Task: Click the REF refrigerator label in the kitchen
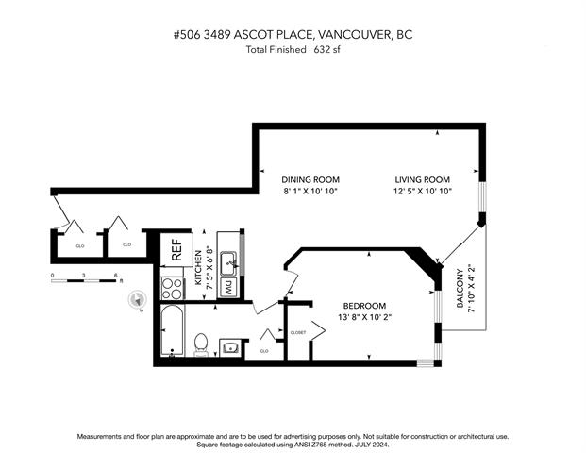[x=176, y=250]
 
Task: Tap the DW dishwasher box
[x=228, y=288]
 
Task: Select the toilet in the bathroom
[x=201, y=344]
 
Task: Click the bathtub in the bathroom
[x=173, y=330]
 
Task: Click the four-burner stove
[x=173, y=289]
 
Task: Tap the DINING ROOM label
[x=310, y=179]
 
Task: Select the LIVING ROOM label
[x=423, y=179]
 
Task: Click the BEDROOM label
[x=364, y=306]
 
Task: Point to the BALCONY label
[x=460, y=288]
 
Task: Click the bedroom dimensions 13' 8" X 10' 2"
[x=364, y=317]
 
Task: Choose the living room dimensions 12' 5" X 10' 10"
[x=423, y=191]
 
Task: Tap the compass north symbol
[x=137, y=300]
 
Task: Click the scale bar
[x=84, y=280]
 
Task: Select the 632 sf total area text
[x=327, y=50]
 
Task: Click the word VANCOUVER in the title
[x=354, y=34]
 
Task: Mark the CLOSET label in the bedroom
[x=298, y=332]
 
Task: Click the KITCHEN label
[x=198, y=268]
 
